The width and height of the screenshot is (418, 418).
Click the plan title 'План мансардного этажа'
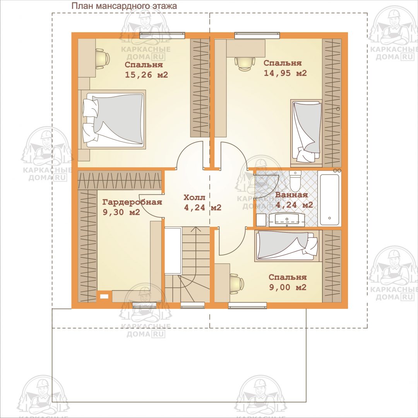(x=124, y=6)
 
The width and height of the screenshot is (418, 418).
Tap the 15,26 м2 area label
(x=146, y=75)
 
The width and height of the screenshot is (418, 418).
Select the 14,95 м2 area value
(x=285, y=73)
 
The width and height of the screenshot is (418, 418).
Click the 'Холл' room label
(x=195, y=197)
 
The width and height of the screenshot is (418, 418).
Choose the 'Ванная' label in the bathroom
(x=291, y=195)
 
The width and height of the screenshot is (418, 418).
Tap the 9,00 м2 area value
(x=288, y=287)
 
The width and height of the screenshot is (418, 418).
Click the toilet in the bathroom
(x=295, y=180)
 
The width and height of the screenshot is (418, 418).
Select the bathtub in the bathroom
(x=330, y=199)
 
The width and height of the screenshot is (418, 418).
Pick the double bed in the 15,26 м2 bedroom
(x=113, y=120)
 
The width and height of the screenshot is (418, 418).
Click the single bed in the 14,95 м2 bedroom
(x=306, y=132)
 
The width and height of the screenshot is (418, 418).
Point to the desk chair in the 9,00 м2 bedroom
(x=236, y=284)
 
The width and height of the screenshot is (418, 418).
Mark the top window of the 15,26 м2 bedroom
(x=162, y=35)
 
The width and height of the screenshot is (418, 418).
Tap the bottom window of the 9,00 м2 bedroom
(x=248, y=305)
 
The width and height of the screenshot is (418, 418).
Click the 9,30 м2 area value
(x=121, y=212)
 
